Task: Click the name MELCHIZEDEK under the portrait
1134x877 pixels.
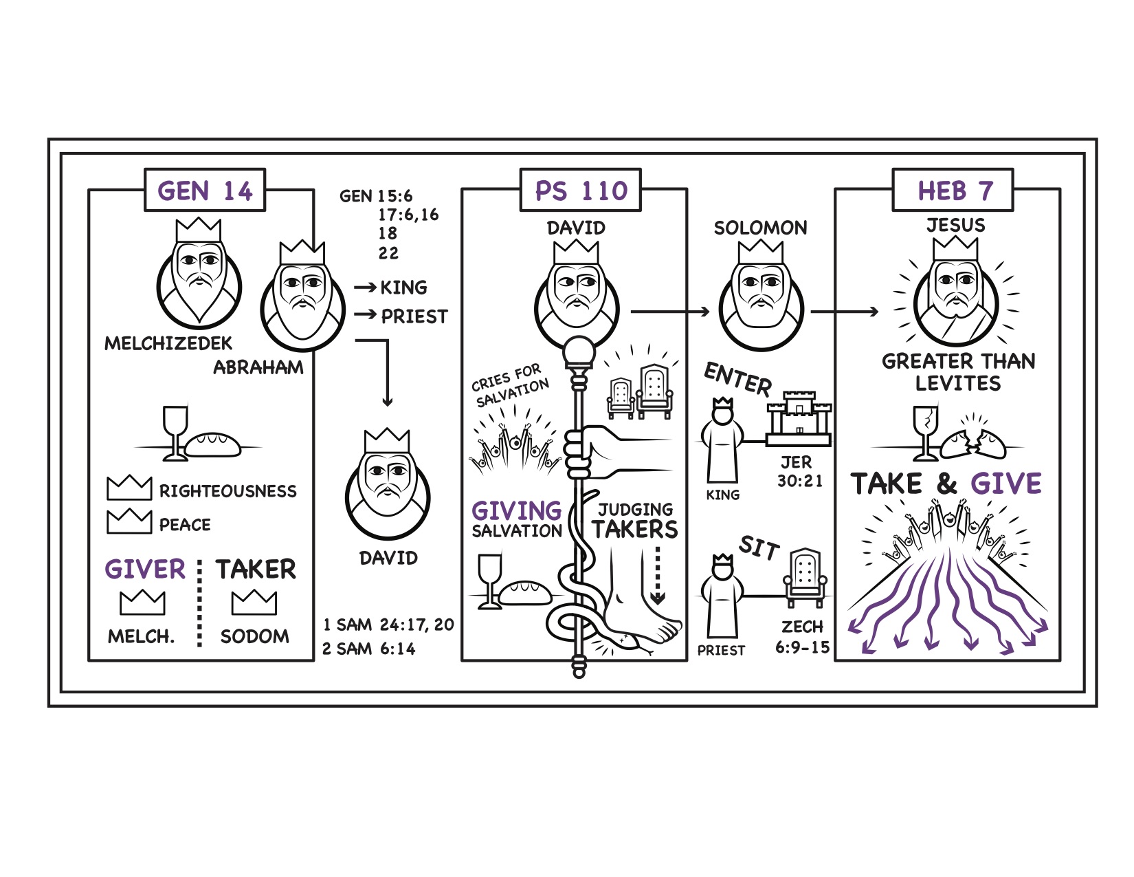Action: tap(168, 343)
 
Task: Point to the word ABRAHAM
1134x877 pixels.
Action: tap(258, 367)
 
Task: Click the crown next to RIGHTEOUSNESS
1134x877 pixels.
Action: tap(129, 488)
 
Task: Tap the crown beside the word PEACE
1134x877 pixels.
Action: tap(129, 521)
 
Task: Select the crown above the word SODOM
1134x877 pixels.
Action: tap(254, 603)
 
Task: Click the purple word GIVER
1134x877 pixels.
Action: tap(145, 569)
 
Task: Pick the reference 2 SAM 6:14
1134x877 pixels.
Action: tap(368, 649)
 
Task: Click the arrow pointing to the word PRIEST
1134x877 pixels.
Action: tap(366, 314)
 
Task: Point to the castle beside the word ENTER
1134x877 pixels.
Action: tap(799, 418)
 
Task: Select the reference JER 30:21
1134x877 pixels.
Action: tap(799, 471)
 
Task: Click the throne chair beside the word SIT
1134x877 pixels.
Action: tap(805, 578)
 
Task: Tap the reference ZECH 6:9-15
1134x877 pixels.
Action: tap(803, 637)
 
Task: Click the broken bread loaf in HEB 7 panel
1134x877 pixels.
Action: tap(973, 443)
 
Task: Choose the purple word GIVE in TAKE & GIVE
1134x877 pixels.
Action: tap(1005, 483)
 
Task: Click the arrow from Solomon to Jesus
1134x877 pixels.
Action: tap(845, 312)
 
